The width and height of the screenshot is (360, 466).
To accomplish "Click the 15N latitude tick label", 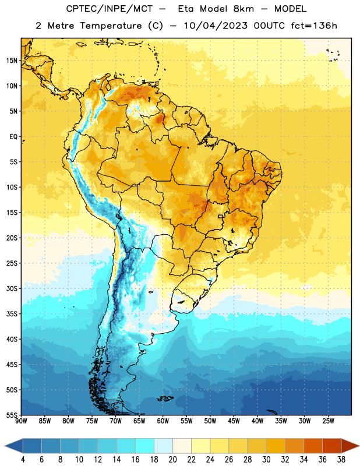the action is coord(12,61).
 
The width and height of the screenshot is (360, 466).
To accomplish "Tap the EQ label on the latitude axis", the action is coord(13,137).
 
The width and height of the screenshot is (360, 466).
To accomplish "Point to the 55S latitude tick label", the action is coord(12,415).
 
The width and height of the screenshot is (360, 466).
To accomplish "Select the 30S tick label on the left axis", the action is coord(12,288).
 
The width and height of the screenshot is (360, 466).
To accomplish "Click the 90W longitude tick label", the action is coord(22,421).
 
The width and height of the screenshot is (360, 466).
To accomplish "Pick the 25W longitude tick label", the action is coord(328,421).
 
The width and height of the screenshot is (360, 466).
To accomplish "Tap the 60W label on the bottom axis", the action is coord(163,421).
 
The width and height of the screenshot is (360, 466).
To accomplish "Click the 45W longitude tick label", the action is coord(234,421).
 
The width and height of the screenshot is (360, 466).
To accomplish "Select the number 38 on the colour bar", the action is coord(341,460).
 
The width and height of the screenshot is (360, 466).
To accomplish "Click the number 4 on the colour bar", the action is coord(23,460).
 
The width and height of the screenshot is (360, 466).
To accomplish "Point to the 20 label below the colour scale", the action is coord(172,460).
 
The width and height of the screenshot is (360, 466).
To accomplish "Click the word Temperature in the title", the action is coord(111,26).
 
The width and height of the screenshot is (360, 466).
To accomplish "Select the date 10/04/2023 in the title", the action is coord(216,26).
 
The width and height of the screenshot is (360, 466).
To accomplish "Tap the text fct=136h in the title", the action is coord(314,26).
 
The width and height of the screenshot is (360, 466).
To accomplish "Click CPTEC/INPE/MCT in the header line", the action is coord(109,9).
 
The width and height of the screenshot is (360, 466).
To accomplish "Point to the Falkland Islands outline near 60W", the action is coord(165,398).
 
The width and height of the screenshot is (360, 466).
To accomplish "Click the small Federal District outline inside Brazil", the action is coord(221,216).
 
